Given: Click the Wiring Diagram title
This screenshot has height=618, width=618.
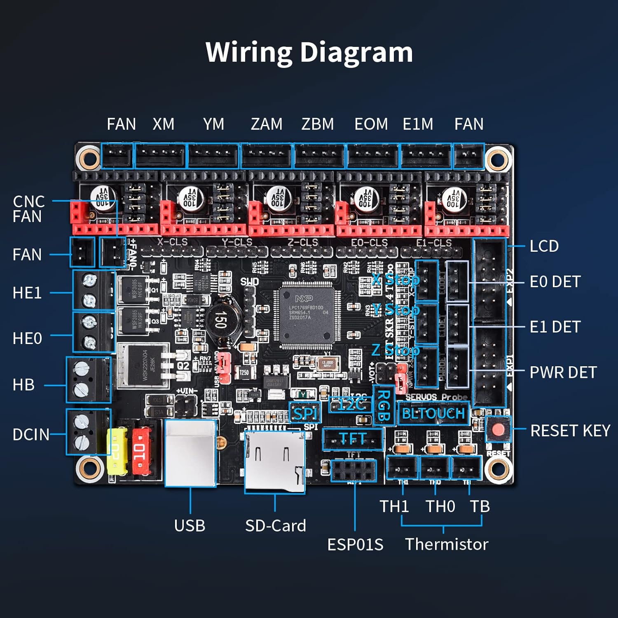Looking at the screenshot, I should click(309, 52).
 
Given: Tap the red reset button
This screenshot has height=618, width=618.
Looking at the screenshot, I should click(498, 430).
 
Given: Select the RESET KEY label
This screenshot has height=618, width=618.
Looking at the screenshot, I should click(570, 431).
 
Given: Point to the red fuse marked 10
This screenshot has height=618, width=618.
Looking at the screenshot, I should click(141, 450).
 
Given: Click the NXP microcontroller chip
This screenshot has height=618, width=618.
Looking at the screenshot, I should click(307, 315).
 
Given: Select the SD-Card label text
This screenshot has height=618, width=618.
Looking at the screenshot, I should click(275, 526).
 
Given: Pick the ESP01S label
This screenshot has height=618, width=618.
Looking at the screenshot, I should click(355, 544).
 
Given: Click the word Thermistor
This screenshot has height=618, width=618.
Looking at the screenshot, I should click(447, 544).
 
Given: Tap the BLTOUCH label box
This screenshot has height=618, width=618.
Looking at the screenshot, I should click(433, 413).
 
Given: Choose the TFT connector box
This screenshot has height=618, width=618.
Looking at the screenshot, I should click(353, 439).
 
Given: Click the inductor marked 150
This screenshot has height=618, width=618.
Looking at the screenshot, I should click(221, 320).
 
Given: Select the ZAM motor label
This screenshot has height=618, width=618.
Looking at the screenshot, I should click(267, 124).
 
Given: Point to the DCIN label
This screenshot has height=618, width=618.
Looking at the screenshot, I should click(31, 434).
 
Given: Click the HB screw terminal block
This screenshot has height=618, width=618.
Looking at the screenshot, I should click(88, 380).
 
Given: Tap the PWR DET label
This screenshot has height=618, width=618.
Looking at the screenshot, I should click(563, 372).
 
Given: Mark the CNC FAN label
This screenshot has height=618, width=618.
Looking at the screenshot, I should click(28, 209).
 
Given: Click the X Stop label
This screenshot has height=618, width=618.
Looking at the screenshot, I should click(396, 280).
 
